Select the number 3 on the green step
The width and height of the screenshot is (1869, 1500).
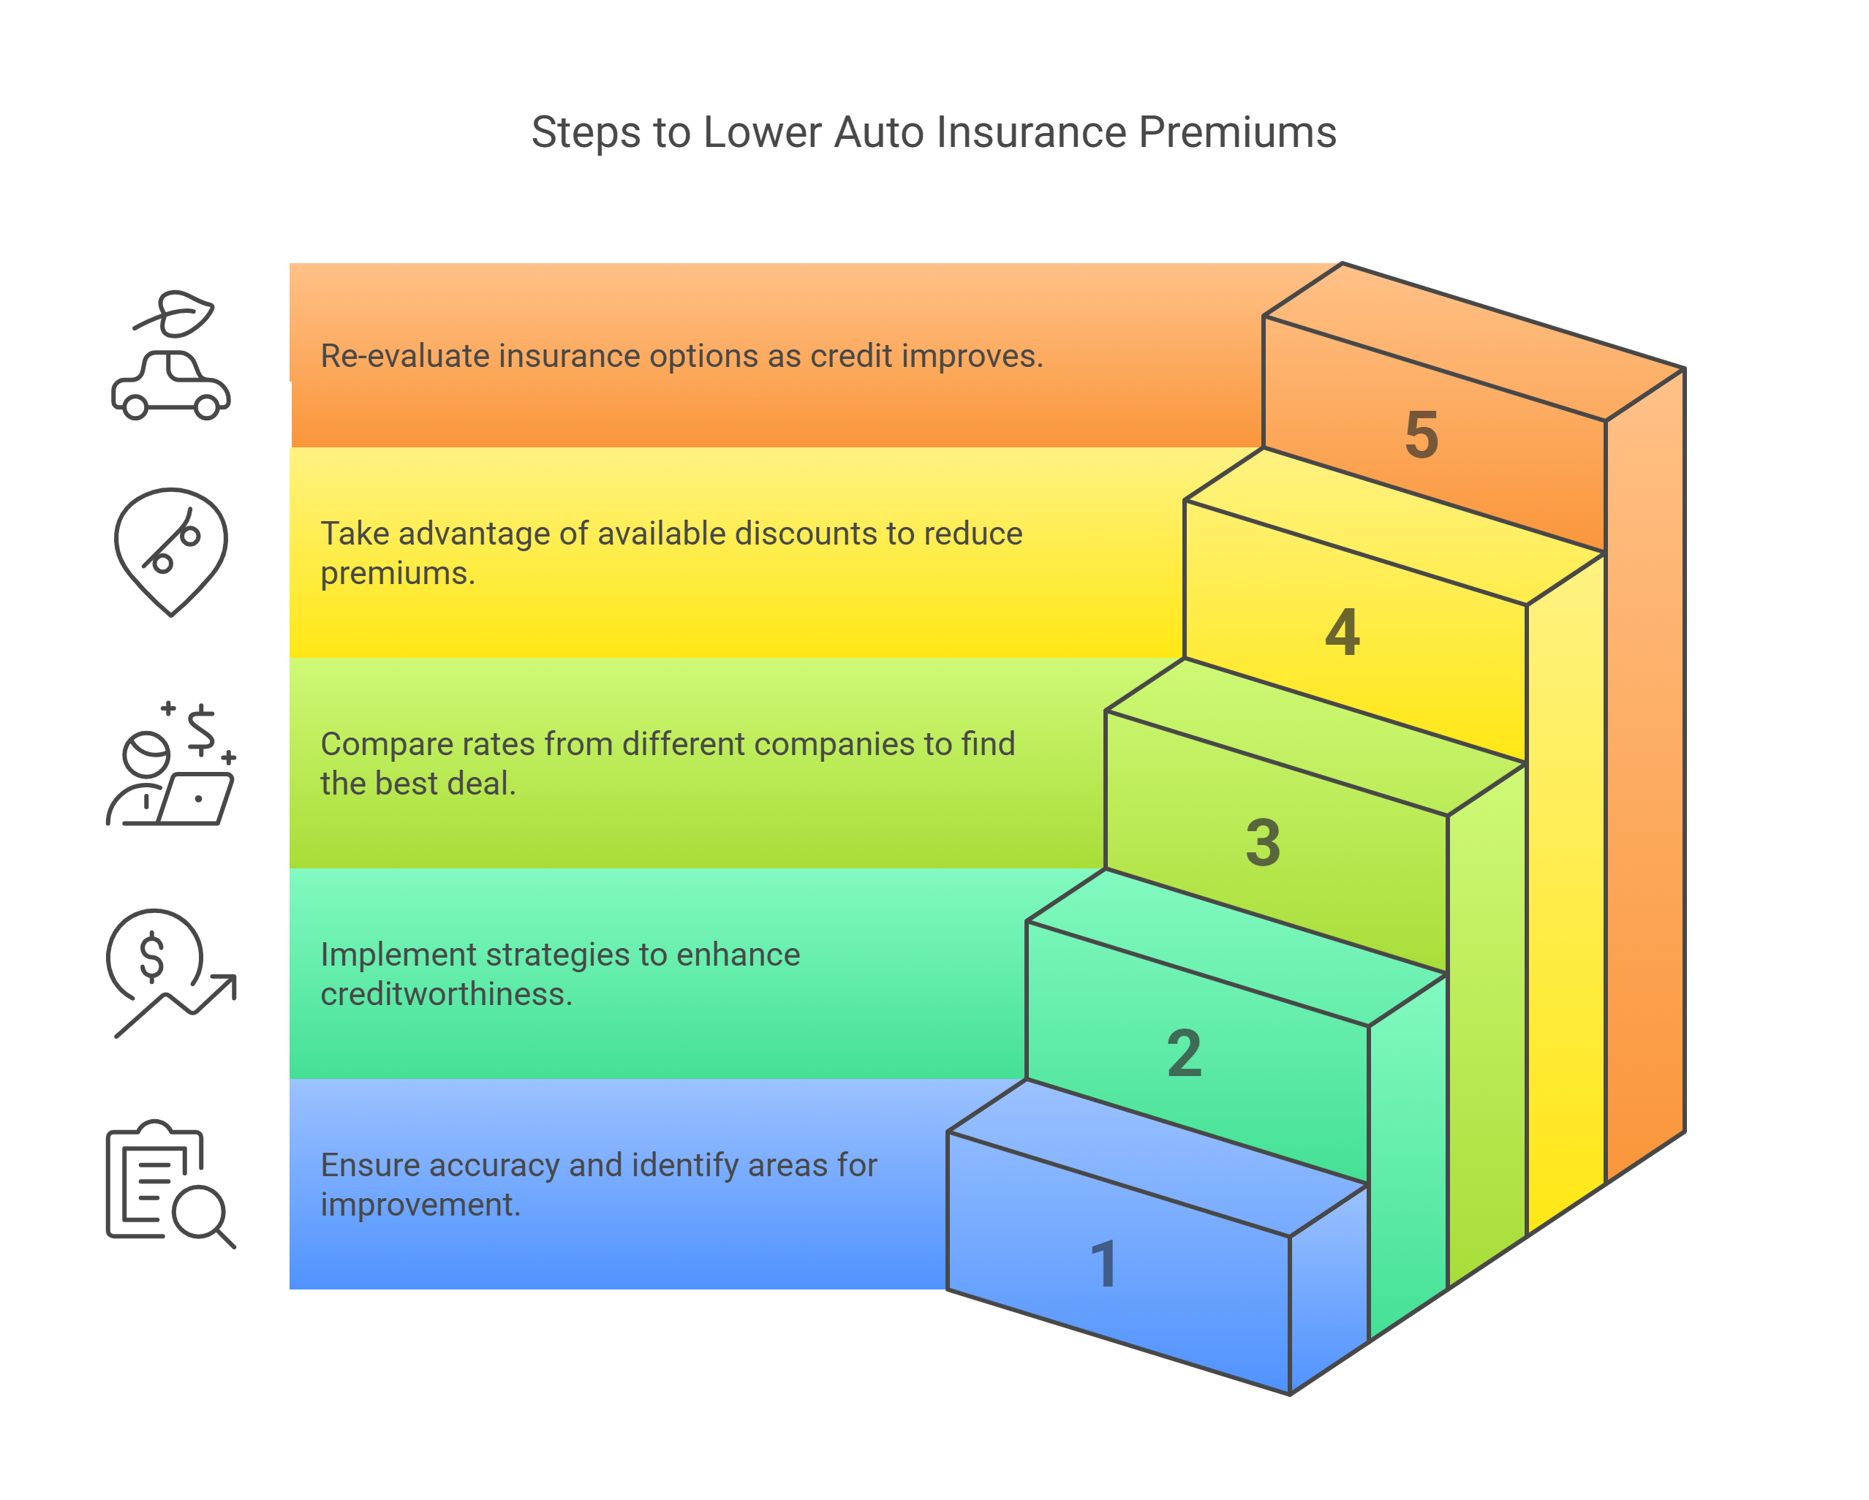[1263, 842]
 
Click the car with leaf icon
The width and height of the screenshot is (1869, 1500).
[171, 356]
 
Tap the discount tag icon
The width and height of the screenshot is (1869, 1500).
[171, 551]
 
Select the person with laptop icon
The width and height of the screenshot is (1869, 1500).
[171, 765]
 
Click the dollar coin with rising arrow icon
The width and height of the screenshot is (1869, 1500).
[171, 972]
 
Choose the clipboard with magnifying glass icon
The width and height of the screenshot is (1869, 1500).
[171, 1183]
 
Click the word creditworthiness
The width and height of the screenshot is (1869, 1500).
[445, 994]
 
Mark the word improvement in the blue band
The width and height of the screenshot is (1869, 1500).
[420, 1205]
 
